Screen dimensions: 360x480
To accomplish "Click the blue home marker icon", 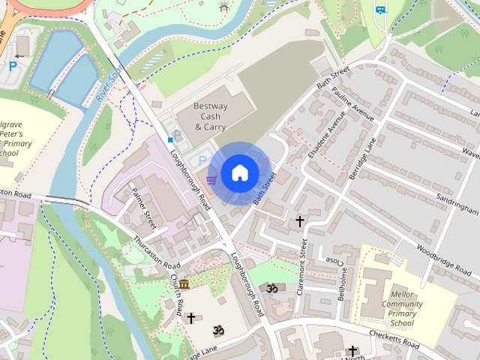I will tap(239, 172).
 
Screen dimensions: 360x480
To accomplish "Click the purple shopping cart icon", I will tap(211, 180).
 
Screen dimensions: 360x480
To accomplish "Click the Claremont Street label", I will tap(303, 267).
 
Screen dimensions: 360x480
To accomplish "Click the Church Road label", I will tap(178, 294).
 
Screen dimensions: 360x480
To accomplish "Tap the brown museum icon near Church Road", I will tap(184, 283).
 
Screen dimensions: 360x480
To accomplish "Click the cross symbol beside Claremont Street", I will tap(300, 221).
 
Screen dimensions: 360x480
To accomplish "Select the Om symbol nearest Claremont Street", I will tap(271, 288).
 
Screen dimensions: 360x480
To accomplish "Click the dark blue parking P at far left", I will tap(13, 67).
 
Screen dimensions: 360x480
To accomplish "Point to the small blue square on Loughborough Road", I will tap(170, 139).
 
